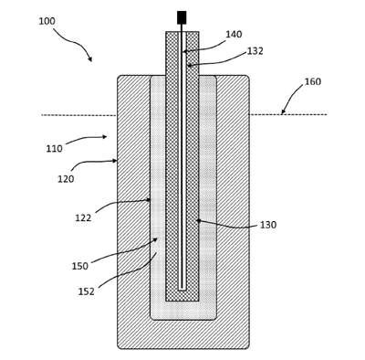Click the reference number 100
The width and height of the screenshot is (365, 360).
click(x=47, y=21)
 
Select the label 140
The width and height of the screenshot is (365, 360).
click(x=234, y=35)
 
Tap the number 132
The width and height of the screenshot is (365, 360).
click(x=255, y=51)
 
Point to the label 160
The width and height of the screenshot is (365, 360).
click(x=313, y=81)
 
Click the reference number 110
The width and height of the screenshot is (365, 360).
click(x=55, y=149)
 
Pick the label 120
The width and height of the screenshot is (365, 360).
click(x=66, y=179)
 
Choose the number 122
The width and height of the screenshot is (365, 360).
click(x=83, y=217)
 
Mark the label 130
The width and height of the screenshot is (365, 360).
click(x=268, y=225)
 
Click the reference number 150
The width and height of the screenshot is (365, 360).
click(x=80, y=266)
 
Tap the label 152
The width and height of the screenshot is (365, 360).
click(x=87, y=291)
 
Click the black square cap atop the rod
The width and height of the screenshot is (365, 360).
click(x=182, y=17)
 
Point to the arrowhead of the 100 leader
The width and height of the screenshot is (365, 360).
click(x=90, y=59)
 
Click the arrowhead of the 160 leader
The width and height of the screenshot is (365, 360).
click(x=283, y=112)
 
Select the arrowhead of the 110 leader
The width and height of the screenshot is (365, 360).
click(x=105, y=137)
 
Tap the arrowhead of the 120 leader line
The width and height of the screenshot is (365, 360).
click(x=115, y=161)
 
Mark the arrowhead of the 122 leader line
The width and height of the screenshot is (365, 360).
click(x=149, y=200)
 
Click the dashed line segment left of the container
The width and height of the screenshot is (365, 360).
click(x=79, y=115)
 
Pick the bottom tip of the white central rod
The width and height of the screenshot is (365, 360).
click(x=182, y=290)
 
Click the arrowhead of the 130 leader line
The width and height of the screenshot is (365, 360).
click(x=199, y=220)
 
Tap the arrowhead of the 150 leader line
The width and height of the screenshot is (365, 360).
click(x=155, y=239)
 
